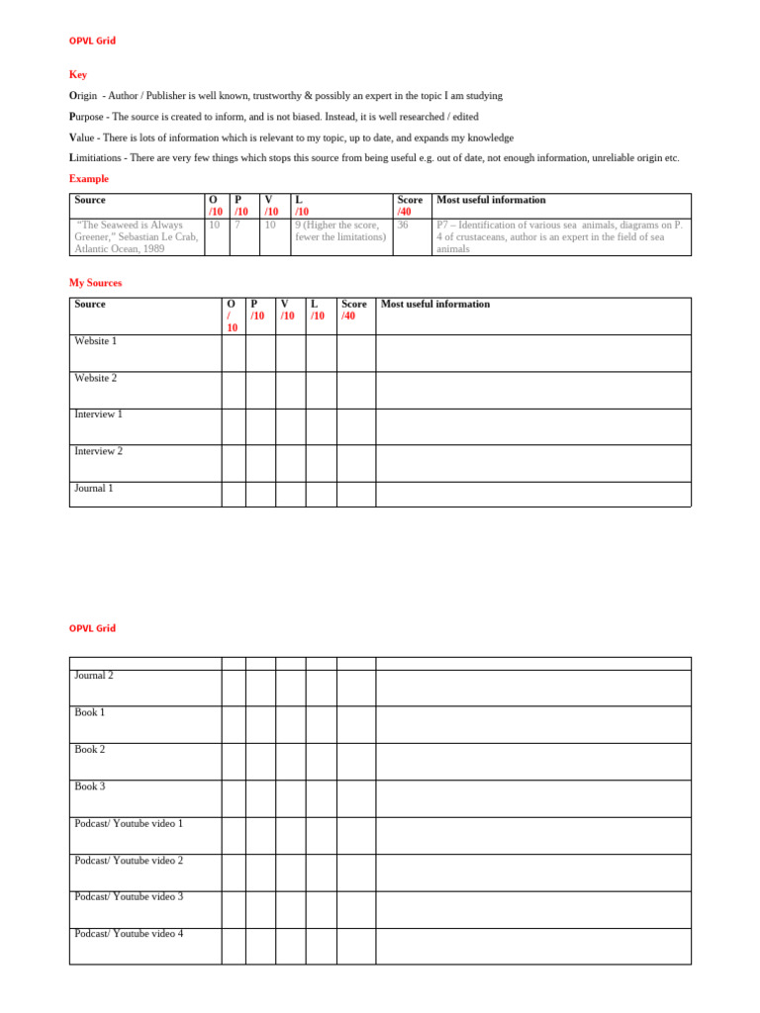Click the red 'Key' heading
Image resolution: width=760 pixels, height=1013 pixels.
77,74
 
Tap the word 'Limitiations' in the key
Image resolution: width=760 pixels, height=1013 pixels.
95,158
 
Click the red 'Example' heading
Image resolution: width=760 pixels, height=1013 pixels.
89,179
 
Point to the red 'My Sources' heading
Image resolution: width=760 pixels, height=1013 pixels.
95,283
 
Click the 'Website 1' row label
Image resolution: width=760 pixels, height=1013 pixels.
95,341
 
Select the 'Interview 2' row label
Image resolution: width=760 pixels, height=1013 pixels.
98,451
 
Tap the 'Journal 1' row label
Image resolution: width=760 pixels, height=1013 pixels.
94,489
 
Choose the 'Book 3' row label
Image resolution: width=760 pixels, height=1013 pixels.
89,786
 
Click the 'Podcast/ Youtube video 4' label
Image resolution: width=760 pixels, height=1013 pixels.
129,934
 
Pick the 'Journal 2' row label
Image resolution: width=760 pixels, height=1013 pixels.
94,676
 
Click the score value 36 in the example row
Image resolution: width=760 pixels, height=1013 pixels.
403,226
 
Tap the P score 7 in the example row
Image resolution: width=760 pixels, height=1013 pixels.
237,226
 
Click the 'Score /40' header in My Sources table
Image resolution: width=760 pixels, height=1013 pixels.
354,310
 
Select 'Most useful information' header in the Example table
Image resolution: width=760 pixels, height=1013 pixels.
491,200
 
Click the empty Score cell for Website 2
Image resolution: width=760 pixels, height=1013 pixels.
356,390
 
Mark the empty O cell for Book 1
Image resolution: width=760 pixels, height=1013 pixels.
234,724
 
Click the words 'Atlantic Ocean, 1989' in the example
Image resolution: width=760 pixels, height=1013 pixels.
120,249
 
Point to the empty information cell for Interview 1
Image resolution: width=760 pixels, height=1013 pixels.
532,426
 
